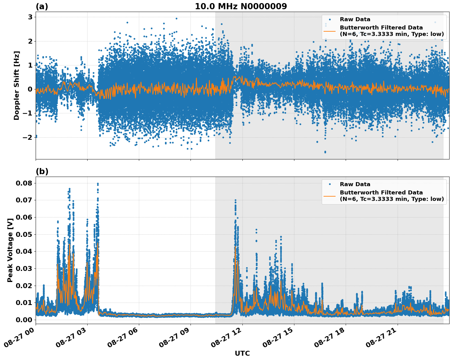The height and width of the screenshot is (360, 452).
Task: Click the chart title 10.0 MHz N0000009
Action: tap(241, 6)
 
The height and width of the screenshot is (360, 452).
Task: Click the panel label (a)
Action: tap(42, 6)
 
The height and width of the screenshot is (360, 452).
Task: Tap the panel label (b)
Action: tap(42, 171)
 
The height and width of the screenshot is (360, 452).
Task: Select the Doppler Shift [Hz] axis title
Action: tap(17, 85)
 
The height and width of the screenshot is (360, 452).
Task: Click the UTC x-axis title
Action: tap(242, 353)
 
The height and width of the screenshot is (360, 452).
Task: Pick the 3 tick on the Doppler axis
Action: tap(30, 17)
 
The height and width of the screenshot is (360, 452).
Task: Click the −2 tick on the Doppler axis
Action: tap(28, 137)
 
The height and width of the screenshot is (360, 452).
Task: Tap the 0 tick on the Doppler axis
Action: tap(30, 89)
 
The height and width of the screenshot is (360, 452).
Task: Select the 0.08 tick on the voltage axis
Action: tap(24, 183)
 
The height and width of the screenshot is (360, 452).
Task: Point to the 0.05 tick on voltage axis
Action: tap(24, 234)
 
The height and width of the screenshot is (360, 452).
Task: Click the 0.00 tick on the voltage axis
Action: tap(24, 320)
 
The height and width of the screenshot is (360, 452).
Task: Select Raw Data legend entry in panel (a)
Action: tap(355, 19)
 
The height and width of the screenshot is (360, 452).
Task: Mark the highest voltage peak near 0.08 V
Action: tap(98, 184)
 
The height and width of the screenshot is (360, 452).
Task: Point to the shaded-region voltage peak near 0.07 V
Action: tap(235, 200)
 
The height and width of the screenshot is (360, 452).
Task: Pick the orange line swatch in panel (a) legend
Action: tap(329, 31)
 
